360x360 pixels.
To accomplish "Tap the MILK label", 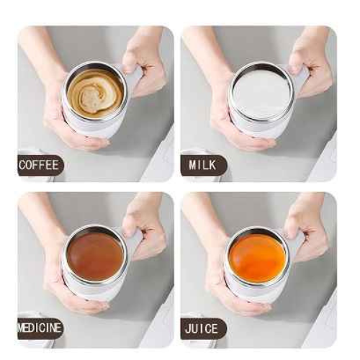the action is [x=203, y=166].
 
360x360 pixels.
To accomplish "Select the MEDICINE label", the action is [x=40, y=328].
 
